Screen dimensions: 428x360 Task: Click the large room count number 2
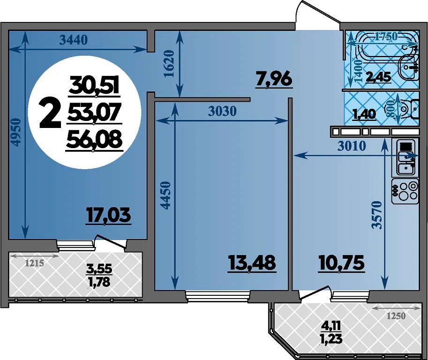[x=50, y=113]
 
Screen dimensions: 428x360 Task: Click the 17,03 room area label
[x=109, y=215]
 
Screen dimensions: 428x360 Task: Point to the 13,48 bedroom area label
[x=251, y=263]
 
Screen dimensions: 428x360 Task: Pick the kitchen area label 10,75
[x=341, y=263]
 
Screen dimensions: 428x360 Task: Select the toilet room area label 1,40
[x=364, y=114]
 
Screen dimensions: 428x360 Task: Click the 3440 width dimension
[x=74, y=40]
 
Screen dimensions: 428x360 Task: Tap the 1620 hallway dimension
[x=169, y=63]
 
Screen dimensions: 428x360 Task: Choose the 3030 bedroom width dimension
[x=222, y=111]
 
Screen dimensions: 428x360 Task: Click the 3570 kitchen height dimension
[x=377, y=215]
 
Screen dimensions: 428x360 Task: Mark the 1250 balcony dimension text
[x=396, y=316]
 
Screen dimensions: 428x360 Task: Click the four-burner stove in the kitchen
[x=405, y=191]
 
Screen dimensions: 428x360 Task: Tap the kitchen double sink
[x=405, y=157]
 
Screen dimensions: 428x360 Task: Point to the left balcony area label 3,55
[x=99, y=269]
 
